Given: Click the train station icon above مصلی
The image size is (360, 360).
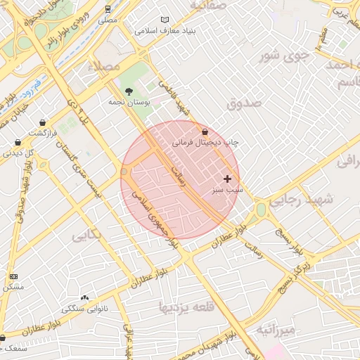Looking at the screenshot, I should click(108, 9).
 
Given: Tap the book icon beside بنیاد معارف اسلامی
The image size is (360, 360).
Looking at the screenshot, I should click(165, 20).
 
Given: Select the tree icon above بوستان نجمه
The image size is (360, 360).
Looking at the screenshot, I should click(129, 91).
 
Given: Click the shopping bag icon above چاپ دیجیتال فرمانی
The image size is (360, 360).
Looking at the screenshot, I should click(205, 131).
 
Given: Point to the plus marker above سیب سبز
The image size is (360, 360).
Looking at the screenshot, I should click(227, 179).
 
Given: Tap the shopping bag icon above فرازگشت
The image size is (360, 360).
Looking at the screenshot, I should click(44, 123).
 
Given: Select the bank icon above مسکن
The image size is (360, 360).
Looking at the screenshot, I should click(13, 276).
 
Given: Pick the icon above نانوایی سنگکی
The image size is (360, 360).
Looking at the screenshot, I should click(85, 298).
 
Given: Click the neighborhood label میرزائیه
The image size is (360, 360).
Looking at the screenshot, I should click(276, 329).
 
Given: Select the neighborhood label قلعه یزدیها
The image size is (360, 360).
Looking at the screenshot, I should click(186, 307).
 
